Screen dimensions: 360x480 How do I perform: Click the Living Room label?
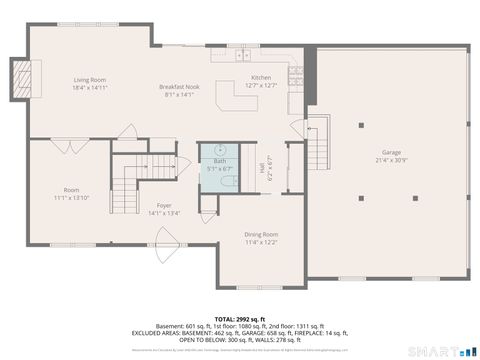[90, 80]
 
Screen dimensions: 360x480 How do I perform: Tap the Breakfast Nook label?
[180, 87]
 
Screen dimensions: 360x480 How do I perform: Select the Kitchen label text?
[261, 77]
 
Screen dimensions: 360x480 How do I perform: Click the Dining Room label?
[261, 234]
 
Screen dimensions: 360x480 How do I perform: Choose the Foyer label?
[163, 205]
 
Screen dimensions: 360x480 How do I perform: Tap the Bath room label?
[220, 161]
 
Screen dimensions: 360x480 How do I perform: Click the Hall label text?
[265, 171]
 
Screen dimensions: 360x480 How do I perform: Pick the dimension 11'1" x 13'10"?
[71, 197]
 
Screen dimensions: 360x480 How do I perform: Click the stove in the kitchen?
[297, 71]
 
